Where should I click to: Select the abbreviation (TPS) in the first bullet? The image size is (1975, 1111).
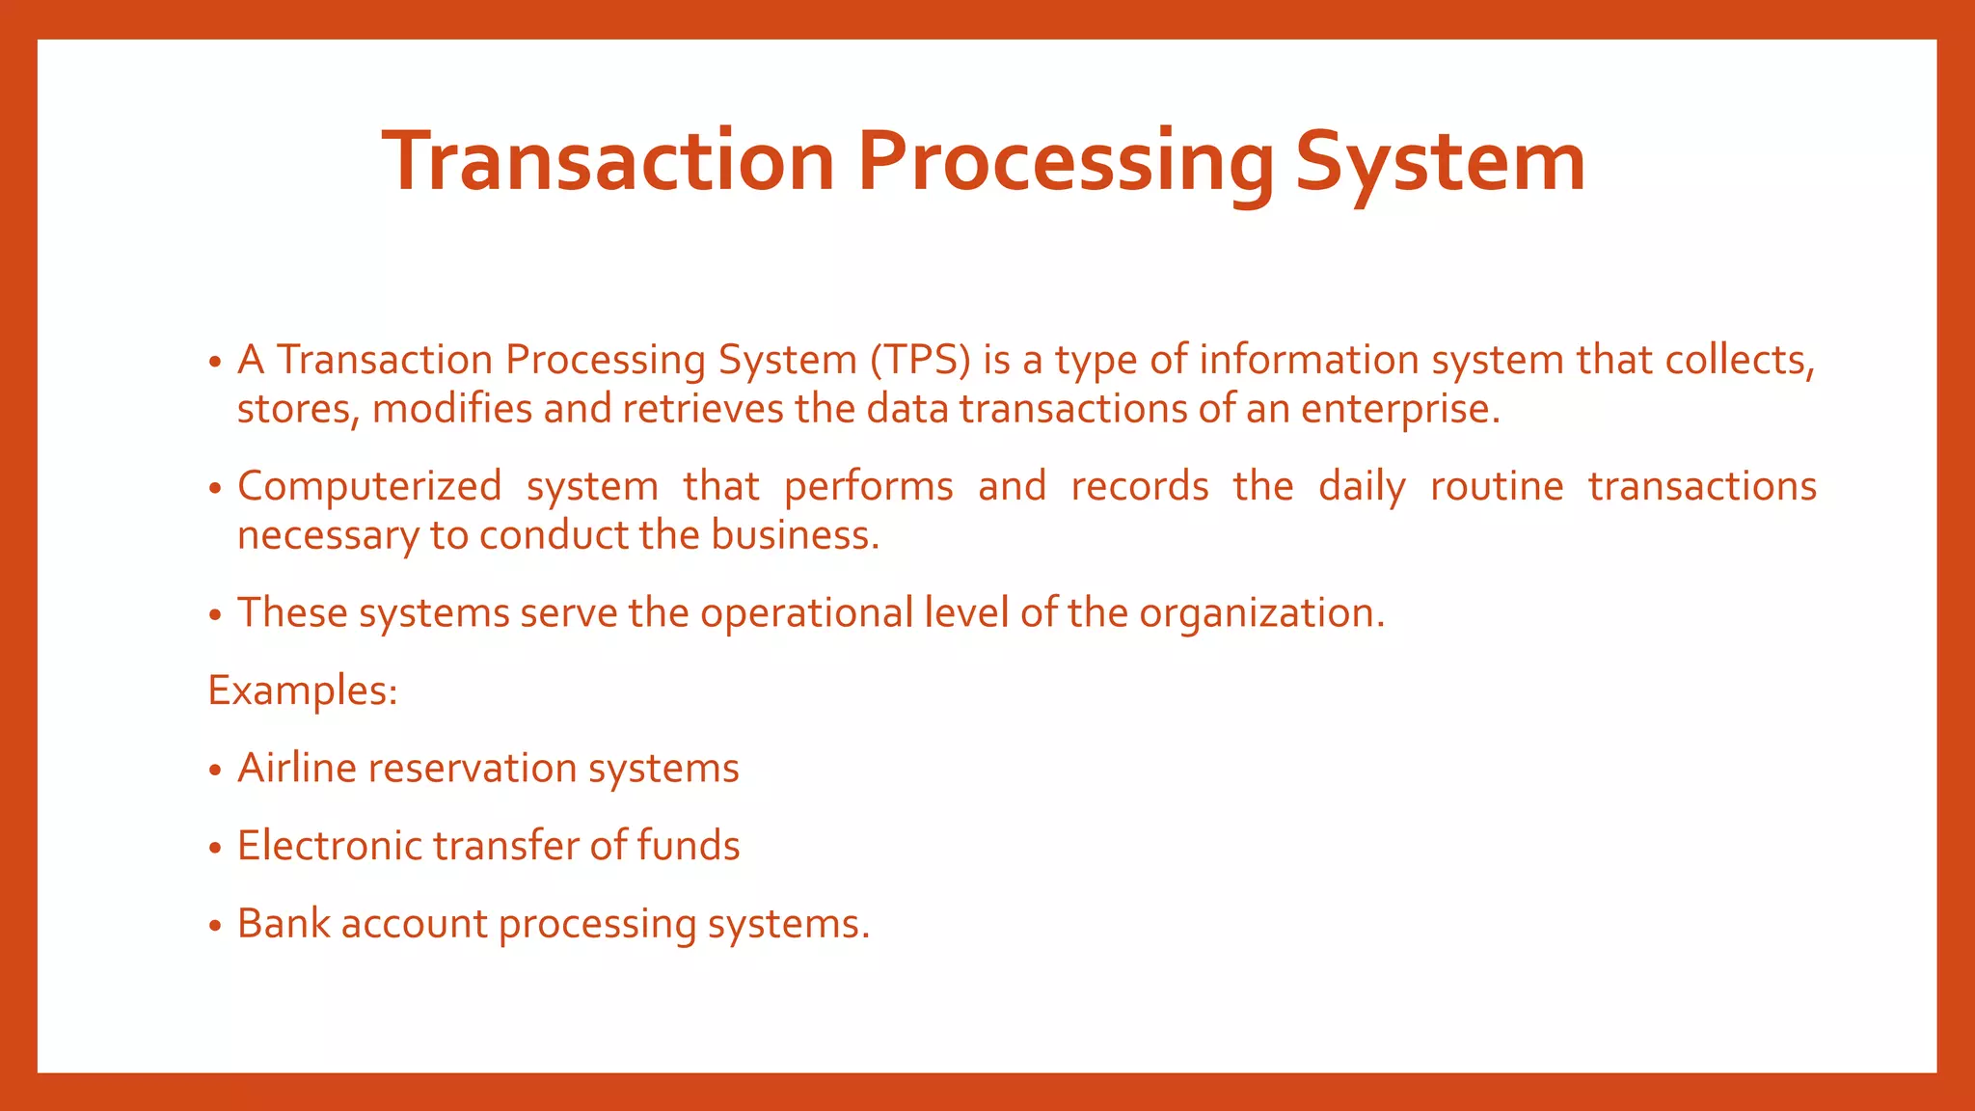[920, 360]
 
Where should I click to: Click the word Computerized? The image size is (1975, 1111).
[369, 486]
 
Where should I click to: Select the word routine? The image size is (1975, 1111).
[1497, 486]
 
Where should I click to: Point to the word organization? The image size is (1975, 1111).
[1261, 613]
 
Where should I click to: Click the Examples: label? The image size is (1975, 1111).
[303, 691]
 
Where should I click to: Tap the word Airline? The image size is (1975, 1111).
[297, 769]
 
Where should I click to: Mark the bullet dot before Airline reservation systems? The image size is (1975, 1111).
[215, 771]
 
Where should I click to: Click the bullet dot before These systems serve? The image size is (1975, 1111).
[215, 615]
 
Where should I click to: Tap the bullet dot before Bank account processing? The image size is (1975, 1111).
[215, 926]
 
